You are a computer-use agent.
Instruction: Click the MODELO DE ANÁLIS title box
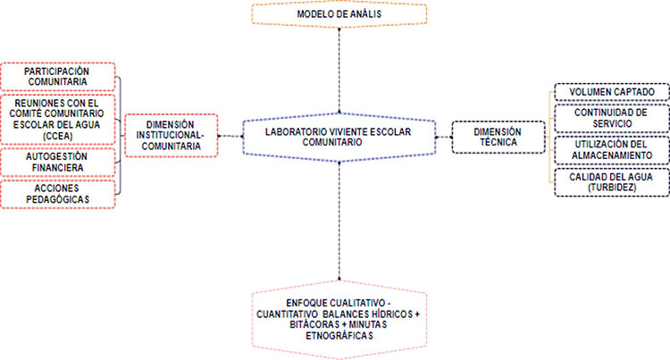coord(339,14)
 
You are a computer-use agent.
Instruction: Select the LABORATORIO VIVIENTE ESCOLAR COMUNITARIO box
coord(339,137)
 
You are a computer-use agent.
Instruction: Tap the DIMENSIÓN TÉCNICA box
coord(498,137)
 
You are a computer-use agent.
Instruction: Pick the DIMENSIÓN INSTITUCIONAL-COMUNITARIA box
coord(172,136)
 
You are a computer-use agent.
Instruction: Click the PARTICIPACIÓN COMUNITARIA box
coord(58,77)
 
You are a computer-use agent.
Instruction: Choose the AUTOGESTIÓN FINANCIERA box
coord(58,163)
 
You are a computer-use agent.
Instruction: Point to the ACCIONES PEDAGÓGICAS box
coord(58,194)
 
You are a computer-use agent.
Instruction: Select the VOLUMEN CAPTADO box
coord(612,92)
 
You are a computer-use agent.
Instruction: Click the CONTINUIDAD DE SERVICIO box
coord(612,118)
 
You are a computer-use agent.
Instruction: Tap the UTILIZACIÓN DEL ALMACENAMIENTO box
coord(612,150)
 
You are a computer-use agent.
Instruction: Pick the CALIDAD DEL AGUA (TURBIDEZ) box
coord(612,182)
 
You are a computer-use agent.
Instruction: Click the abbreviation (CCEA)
coord(58,136)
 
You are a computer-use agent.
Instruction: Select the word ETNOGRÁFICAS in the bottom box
coord(339,336)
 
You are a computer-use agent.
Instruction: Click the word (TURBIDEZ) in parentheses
coord(612,188)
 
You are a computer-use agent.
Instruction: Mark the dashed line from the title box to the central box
coord(339,71)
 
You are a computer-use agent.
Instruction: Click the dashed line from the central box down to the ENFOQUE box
coord(339,221)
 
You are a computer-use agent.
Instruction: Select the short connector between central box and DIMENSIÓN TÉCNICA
coord(444,138)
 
